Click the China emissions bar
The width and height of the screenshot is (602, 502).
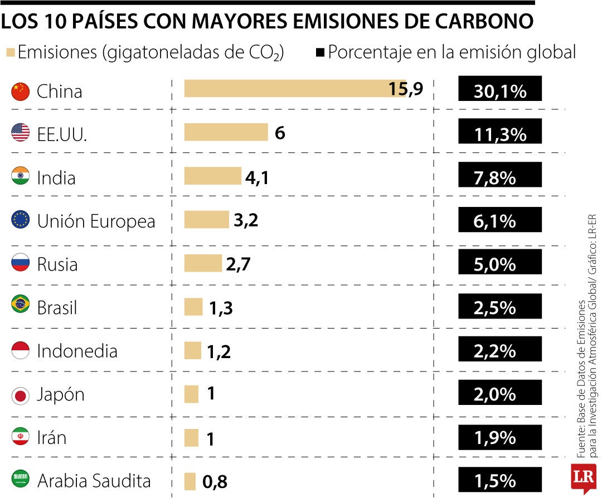tap(295, 89)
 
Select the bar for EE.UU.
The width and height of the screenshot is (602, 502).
tap(226, 132)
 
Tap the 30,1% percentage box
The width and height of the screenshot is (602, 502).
tap(500, 89)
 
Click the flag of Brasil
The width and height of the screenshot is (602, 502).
tap(21, 305)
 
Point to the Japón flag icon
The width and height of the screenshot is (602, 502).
tap(21, 395)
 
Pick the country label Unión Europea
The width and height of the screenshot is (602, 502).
tap(96, 221)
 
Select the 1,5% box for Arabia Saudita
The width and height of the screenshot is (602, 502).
tap(500, 481)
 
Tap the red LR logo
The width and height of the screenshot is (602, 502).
tap(583, 477)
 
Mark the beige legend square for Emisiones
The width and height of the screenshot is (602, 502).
tap(10, 53)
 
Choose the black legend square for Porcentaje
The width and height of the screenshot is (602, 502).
tap(321, 53)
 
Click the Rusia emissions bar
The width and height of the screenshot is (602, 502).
tap(203, 263)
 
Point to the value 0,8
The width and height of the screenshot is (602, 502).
tap(215, 481)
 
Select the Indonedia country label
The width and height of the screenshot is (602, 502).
tap(77, 351)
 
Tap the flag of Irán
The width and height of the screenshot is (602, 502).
tap(21, 437)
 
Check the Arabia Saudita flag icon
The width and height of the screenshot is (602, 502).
tap(21, 479)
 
